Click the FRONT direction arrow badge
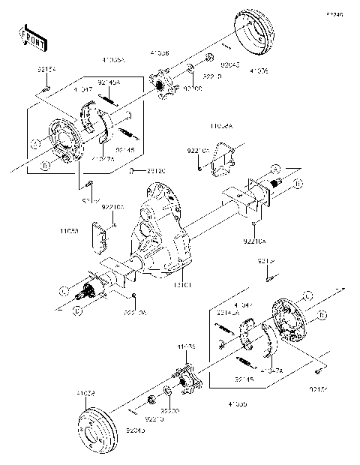tap(28, 35)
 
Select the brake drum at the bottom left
tap(95, 426)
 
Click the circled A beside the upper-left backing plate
tap(35, 142)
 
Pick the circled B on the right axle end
tap(298, 182)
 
